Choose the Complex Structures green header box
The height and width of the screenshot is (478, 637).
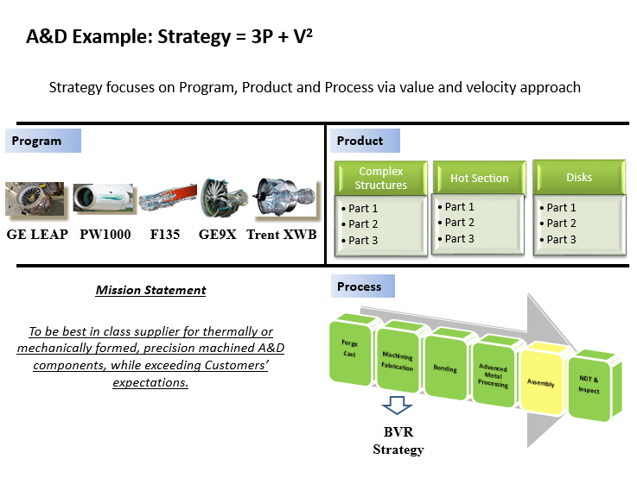click(381, 179)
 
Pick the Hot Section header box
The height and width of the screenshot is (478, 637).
click(479, 178)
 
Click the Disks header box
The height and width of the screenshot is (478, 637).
click(578, 177)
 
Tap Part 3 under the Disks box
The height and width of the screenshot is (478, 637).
click(561, 239)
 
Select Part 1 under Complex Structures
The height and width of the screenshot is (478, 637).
click(363, 209)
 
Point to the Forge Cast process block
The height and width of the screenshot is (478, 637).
click(351, 350)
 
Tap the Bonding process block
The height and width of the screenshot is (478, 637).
click(445, 366)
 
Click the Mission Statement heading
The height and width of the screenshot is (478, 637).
click(150, 290)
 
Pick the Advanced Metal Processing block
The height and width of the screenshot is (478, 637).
click(493, 374)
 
